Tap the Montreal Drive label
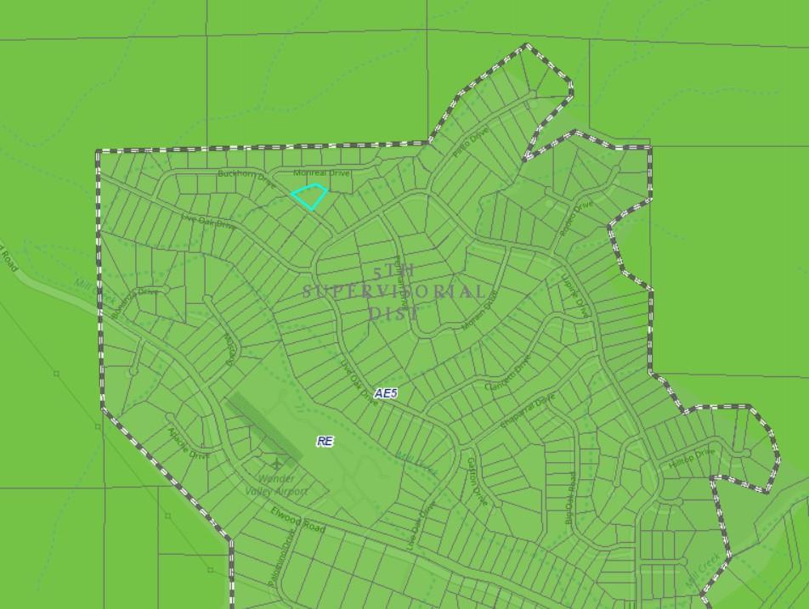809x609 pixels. pyautogui.click(x=321, y=173)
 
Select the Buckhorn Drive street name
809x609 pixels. pyautogui.click(x=246, y=176)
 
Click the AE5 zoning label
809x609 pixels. pyautogui.click(x=386, y=394)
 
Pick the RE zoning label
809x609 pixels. pyautogui.click(x=325, y=442)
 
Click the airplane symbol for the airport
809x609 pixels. pyautogui.click(x=277, y=465)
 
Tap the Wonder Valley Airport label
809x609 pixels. pyautogui.click(x=276, y=485)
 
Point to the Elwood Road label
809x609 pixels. pyautogui.click(x=298, y=519)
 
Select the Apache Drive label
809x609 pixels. pyautogui.click(x=189, y=443)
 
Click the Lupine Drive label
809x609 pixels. pyautogui.click(x=574, y=296)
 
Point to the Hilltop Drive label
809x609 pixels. pyautogui.click(x=692, y=459)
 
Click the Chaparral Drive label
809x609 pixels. pyautogui.click(x=527, y=410)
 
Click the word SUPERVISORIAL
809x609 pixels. pyautogui.click(x=394, y=291)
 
